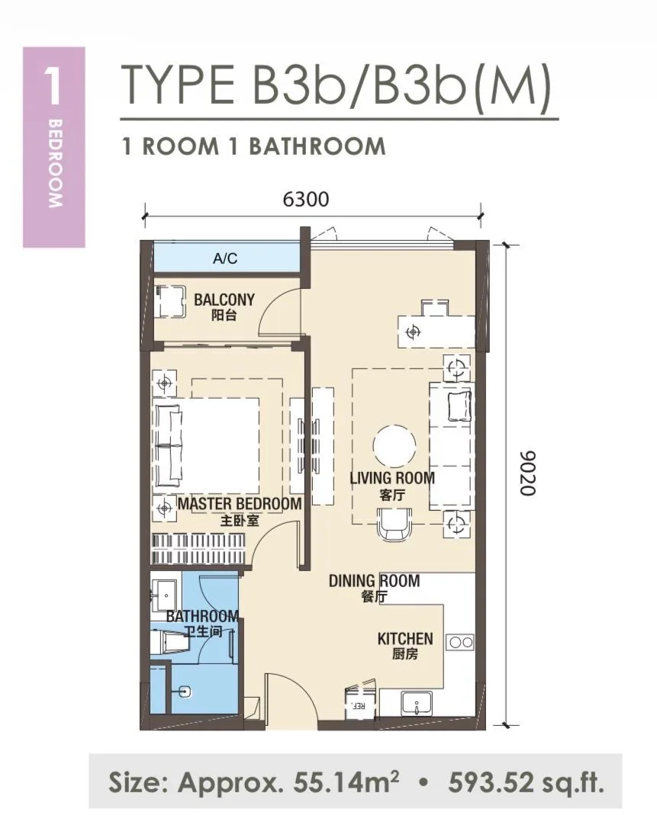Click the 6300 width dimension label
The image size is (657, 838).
[305, 199]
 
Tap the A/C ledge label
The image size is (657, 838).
[225, 258]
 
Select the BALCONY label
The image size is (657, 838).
[224, 299]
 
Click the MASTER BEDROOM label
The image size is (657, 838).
[240, 503]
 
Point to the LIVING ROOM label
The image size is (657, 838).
[392, 478]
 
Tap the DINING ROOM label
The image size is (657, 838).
[374, 580]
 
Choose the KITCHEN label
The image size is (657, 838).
[405, 638]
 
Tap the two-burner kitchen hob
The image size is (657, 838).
[461, 642]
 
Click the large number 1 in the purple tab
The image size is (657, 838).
[53, 87]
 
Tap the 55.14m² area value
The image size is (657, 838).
[346, 784]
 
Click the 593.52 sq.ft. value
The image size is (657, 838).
[527, 784]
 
